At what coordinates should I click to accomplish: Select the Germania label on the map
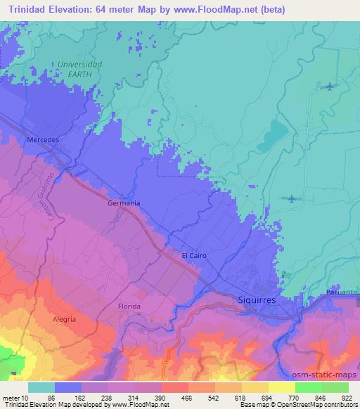[124, 203]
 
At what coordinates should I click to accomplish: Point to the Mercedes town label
[42, 140]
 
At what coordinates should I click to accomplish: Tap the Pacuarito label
[343, 291]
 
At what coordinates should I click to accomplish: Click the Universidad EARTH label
[79, 68]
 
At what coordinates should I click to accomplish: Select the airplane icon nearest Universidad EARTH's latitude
[330, 86]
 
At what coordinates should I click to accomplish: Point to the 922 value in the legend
[347, 397]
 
